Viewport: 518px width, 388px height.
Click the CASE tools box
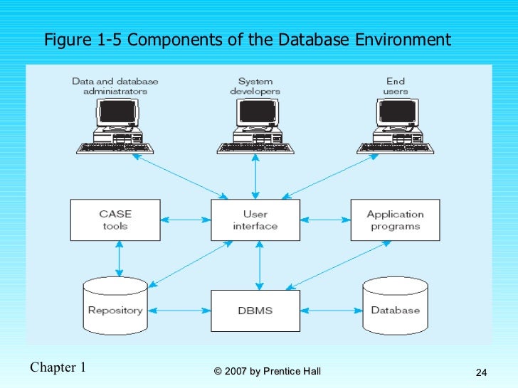click(115, 220)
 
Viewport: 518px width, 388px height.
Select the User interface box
click(255, 220)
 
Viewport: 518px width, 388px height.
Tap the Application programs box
click(395, 220)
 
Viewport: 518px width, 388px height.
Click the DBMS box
click(255, 311)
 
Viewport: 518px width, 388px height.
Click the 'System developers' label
click(255, 86)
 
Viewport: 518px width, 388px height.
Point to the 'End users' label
click(396, 86)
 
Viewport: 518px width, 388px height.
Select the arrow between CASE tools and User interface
click(185, 220)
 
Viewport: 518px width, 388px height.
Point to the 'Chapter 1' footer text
click(58, 367)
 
